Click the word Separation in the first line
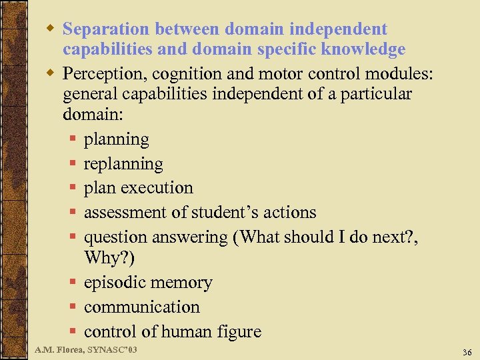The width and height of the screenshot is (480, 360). (x=105, y=30)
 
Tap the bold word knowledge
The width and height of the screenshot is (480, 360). (x=363, y=50)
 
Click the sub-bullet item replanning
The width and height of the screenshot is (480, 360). (x=123, y=164)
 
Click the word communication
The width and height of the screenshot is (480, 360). (x=142, y=307)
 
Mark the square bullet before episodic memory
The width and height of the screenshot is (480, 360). (x=73, y=283)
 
